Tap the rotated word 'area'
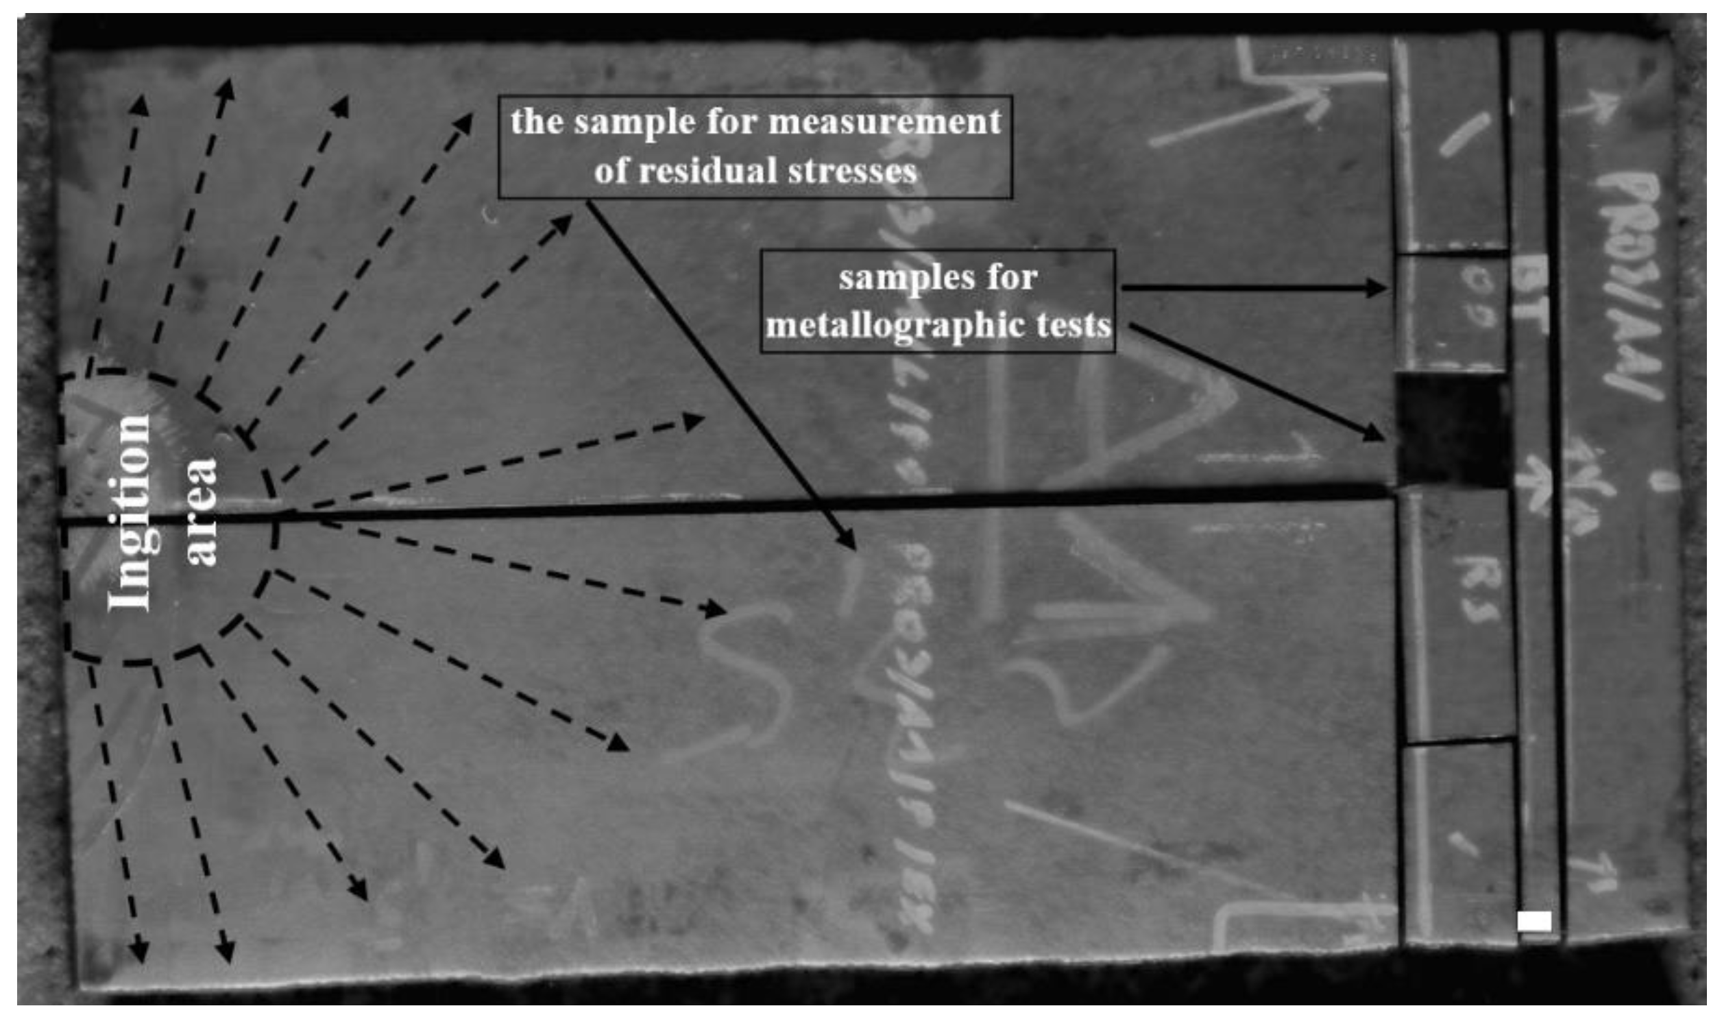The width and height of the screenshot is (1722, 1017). pyautogui.click(x=202, y=512)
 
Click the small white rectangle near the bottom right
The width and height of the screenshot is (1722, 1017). pyautogui.click(x=1534, y=921)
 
